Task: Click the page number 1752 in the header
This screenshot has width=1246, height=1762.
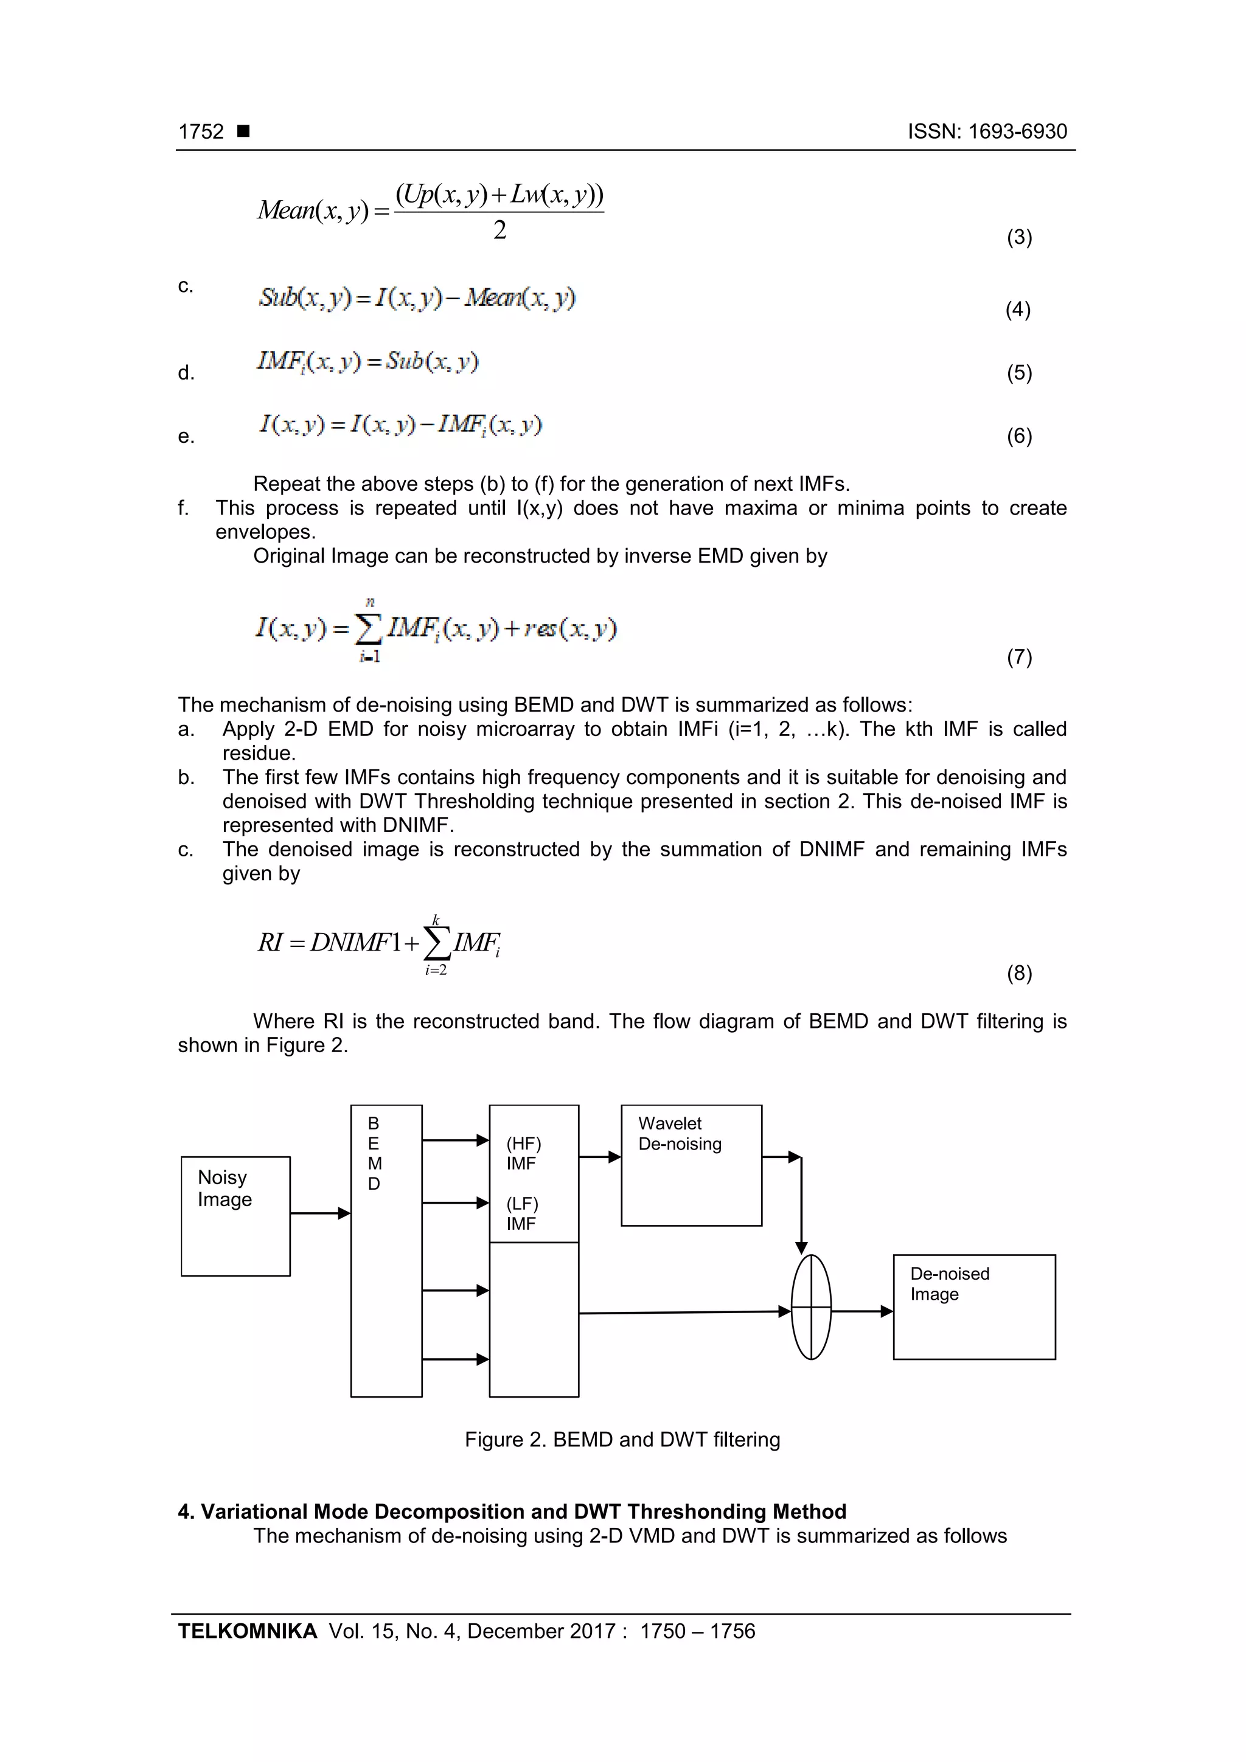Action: [x=201, y=132]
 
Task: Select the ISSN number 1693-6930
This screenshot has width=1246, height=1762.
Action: [x=1017, y=132]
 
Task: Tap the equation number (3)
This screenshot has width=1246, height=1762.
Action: [x=1018, y=237]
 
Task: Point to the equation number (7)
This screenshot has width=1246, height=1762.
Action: [x=1018, y=657]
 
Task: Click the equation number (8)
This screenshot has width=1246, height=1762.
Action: [x=1018, y=973]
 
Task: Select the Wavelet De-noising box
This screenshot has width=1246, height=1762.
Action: [x=691, y=1165]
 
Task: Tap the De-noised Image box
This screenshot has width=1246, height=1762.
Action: [x=973, y=1306]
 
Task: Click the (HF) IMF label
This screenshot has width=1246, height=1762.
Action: [x=524, y=1153]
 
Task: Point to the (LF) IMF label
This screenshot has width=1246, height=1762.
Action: [x=522, y=1213]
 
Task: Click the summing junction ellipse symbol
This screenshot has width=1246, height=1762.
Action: [x=811, y=1306]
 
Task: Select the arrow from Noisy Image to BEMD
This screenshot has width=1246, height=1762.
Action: [x=320, y=1213]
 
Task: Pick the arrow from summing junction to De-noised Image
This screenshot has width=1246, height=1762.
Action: [x=862, y=1311]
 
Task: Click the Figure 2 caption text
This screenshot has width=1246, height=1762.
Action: [x=622, y=1440]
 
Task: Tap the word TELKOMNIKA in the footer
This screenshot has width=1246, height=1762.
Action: [x=247, y=1631]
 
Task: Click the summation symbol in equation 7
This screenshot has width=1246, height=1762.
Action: [x=369, y=631]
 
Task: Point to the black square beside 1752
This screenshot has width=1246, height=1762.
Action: [x=243, y=131]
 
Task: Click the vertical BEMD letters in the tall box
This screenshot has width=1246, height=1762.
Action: [x=374, y=1153]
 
